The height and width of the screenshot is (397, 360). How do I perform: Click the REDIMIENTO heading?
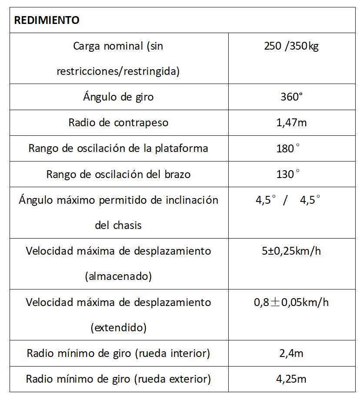(x=47, y=20)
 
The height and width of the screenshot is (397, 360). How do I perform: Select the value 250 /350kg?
(x=291, y=46)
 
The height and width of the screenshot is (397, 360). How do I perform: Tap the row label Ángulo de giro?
(x=118, y=97)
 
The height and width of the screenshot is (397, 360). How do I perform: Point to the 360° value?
(x=291, y=97)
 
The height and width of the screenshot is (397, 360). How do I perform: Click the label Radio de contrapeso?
(x=118, y=123)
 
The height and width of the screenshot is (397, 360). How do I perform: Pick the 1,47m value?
(x=291, y=123)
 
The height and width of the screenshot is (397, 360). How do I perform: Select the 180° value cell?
(x=289, y=148)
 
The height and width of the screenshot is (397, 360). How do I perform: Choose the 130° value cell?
(x=289, y=174)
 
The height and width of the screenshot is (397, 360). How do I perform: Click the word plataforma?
(x=181, y=148)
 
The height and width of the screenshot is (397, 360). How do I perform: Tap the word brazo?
(x=177, y=174)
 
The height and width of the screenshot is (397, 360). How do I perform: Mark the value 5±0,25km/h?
(x=291, y=251)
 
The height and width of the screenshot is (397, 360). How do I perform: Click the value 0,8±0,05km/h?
(x=291, y=303)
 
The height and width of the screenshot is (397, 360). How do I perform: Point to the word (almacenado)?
(x=118, y=276)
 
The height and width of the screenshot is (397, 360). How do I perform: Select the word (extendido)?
(x=118, y=328)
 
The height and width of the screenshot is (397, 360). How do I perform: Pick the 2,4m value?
(x=291, y=353)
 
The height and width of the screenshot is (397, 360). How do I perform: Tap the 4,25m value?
(x=291, y=379)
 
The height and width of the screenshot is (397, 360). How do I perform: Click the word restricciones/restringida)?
(x=118, y=71)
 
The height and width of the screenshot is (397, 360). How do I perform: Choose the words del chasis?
(x=118, y=225)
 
